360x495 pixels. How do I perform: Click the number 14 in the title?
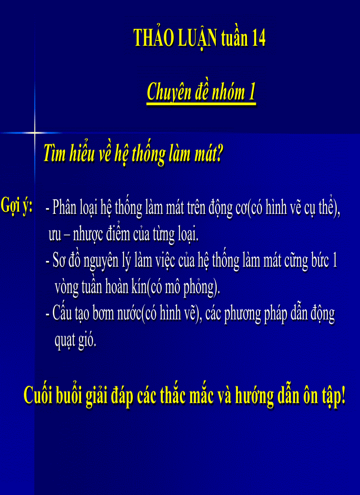(259, 39)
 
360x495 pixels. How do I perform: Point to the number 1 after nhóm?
(252, 92)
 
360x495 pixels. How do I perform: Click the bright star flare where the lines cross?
(34, 132)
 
